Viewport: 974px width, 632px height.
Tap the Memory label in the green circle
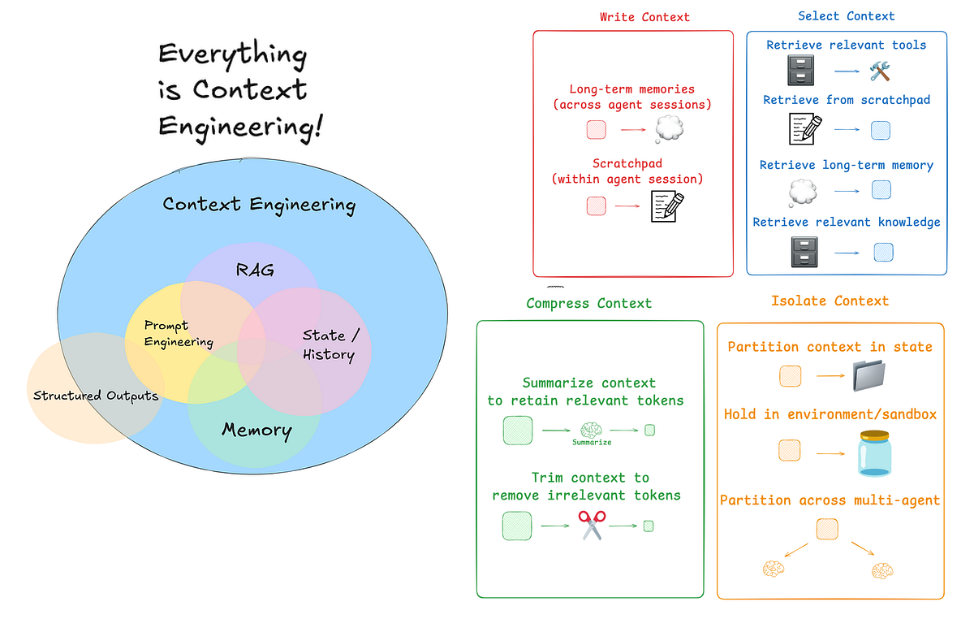pyautogui.click(x=256, y=431)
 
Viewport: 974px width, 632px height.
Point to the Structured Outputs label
pyautogui.click(x=96, y=396)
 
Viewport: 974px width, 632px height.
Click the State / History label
pyautogui.click(x=328, y=344)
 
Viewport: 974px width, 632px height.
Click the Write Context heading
pyautogui.click(x=644, y=16)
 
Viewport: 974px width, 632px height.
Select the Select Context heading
pyautogui.click(x=846, y=16)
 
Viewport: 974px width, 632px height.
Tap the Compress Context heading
pyautogui.click(x=588, y=303)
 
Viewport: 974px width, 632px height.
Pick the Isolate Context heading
pyautogui.click(x=830, y=301)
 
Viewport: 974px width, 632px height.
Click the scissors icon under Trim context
pyautogui.click(x=592, y=526)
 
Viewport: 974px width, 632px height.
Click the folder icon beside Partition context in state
pyautogui.click(x=870, y=378)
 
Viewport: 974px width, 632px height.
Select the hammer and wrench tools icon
pyautogui.click(x=880, y=72)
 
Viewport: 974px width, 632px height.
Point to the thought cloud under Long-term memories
pyautogui.click(x=670, y=128)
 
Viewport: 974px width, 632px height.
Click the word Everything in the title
pyautogui.click(x=232, y=55)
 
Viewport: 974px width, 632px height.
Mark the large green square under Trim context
pyautogui.click(x=517, y=526)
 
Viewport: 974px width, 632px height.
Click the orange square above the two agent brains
pyautogui.click(x=829, y=528)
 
